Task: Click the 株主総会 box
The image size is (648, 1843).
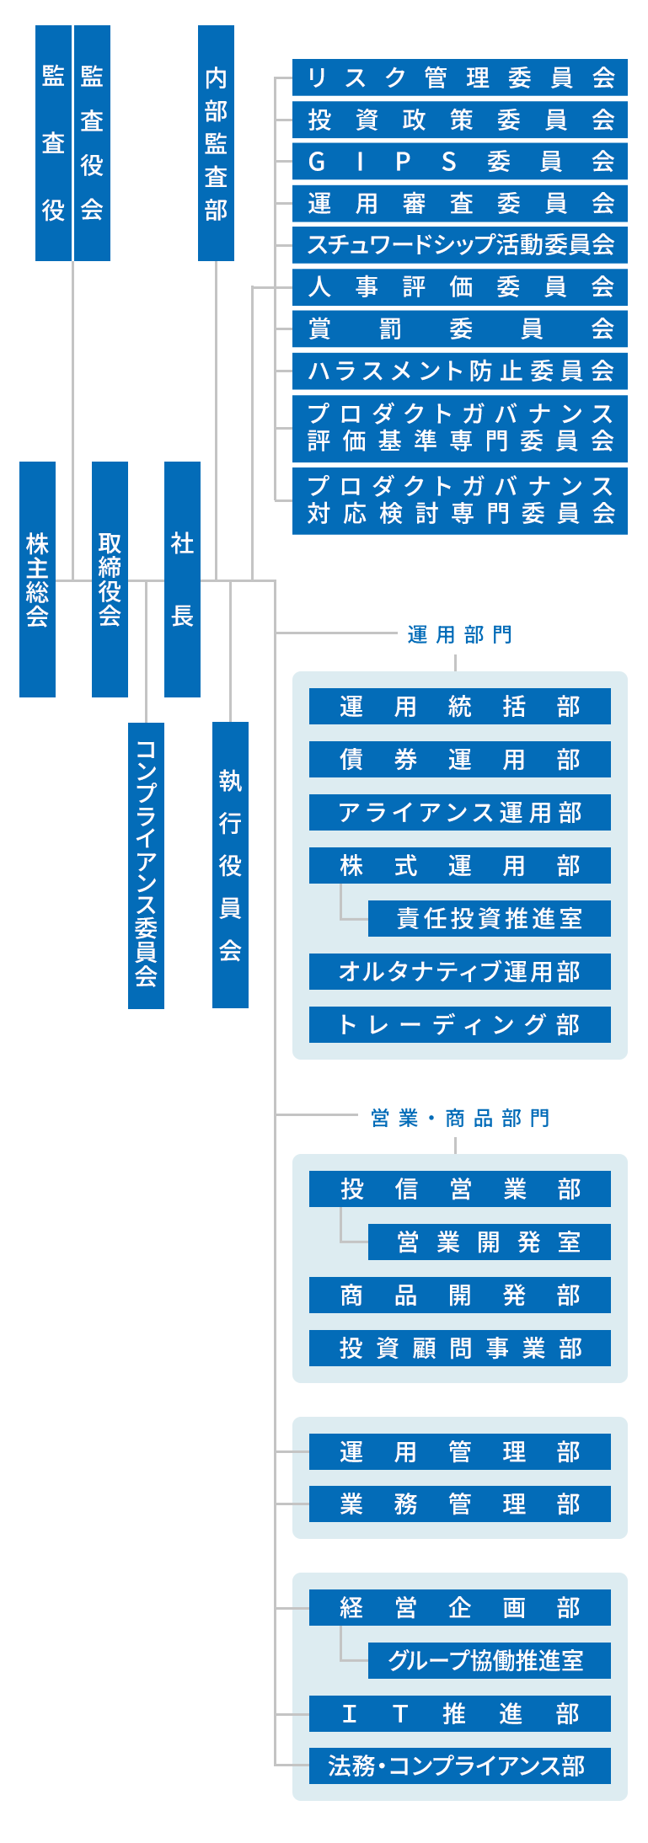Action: [x=37, y=580]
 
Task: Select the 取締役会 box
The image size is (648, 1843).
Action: [x=110, y=580]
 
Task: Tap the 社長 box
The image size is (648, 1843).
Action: [x=182, y=580]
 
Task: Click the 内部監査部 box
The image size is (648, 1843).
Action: [x=216, y=143]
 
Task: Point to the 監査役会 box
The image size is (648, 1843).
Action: [x=92, y=143]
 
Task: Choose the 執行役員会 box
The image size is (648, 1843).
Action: [x=230, y=865]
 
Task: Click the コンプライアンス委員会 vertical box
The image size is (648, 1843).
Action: [x=146, y=865]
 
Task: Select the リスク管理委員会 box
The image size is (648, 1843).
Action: [x=459, y=77]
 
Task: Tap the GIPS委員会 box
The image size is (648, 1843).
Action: [x=459, y=161]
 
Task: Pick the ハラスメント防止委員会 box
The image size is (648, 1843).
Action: [x=459, y=371]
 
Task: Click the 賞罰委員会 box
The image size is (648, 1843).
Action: [x=459, y=329]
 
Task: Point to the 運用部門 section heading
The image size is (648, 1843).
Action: [x=459, y=634]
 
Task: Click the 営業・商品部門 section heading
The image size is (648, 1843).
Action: [x=459, y=1118]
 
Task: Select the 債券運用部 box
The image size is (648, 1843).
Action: [x=459, y=760]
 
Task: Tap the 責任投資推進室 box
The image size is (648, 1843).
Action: [x=489, y=918]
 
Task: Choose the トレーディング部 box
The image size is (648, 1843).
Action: [x=459, y=1024]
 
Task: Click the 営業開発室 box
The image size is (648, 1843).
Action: [x=489, y=1242]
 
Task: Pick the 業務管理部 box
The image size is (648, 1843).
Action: [x=459, y=1504]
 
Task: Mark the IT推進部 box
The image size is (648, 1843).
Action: [x=459, y=1713]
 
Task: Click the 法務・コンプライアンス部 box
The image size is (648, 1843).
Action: [x=459, y=1766]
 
